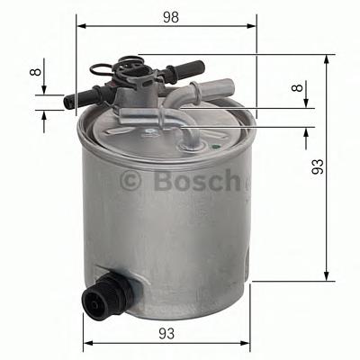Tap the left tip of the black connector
click(x=69, y=101)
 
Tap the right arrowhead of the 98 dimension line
click(x=255, y=27)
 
